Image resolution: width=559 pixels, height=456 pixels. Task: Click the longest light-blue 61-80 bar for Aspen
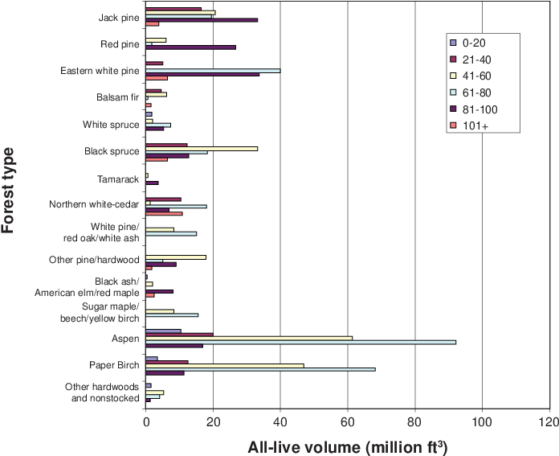[301, 342]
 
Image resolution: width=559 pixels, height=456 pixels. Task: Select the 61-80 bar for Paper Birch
[260, 369]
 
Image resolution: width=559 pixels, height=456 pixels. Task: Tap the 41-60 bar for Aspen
[249, 338]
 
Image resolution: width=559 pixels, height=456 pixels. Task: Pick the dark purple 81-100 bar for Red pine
[190, 47]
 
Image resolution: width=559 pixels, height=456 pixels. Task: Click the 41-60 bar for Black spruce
[202, 149]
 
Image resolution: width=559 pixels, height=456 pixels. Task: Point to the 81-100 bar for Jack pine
[202, 20]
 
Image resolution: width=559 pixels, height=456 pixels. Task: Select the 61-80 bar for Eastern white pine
[213, 71]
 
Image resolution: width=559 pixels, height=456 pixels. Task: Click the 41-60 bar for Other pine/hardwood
[176, 257]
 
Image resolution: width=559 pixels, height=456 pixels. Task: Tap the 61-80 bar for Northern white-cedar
[176, 206]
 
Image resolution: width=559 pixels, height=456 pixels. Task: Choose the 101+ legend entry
[469, 125]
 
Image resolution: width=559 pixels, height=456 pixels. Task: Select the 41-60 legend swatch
[453, 76]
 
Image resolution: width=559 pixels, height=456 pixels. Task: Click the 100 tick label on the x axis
[483, 422]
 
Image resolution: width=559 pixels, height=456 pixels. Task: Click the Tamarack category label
[118, 179]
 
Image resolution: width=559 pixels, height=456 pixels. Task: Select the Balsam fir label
[117, 97]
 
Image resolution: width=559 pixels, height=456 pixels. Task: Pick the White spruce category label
[111, 125]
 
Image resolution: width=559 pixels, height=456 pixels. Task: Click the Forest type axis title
[7, 191]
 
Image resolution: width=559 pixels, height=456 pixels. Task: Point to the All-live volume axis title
[347, 447]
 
